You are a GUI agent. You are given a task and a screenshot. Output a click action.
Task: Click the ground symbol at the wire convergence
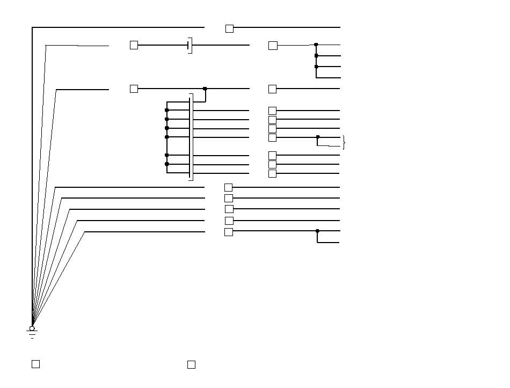coord(32,334)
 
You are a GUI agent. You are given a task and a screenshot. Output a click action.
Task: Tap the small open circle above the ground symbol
coord(32,328)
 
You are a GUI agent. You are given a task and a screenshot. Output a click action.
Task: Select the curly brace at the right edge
coord(344,142)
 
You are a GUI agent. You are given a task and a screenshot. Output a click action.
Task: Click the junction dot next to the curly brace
coord(318,137)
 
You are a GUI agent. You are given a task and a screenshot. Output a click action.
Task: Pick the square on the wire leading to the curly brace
coord(272,137)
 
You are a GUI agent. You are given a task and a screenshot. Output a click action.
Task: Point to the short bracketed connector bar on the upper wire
coord(190,46)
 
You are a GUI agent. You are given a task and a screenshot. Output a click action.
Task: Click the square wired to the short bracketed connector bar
coord(134,45)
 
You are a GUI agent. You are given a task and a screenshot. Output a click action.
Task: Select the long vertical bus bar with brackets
coord(191,137)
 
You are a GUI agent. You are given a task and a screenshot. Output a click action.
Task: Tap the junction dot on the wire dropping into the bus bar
coord(205,89)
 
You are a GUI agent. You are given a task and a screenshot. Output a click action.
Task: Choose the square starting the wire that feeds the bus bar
coord(134,89)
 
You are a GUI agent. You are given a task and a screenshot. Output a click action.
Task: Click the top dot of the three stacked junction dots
coord(316,45)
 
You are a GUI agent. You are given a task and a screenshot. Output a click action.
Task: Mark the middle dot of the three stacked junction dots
coord(316,55)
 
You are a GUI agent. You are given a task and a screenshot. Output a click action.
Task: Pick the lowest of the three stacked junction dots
coord(316,67)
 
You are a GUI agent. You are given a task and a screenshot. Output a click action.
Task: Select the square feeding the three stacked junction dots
coord(273,46)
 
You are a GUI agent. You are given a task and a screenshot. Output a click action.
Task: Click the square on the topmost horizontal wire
coord(229,28)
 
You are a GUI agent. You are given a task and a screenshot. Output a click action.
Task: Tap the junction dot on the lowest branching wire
coord(317,231)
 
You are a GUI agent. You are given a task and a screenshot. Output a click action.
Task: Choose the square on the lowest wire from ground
coord(229,232)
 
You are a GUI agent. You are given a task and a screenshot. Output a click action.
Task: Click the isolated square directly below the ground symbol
coord(35,364)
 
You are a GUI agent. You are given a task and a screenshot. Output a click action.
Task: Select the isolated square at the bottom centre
coord(191,365)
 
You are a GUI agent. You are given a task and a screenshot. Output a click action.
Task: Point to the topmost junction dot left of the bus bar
coord(167,110)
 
